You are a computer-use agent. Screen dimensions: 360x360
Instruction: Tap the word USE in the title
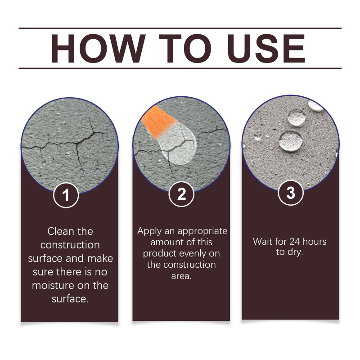pyautogui.click(x=266, y=49)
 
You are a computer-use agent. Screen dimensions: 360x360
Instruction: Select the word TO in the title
pyautogui.click(x=185, y=49)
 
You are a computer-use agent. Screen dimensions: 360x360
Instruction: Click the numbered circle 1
pyautogui.click(x=66, y=195)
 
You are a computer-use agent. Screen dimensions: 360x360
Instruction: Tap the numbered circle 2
pyautogui.click(x=181, y=194)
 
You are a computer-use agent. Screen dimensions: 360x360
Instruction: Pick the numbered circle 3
pyautogui.click(x=291, y=193)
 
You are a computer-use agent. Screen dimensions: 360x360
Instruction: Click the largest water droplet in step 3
pyautogui.click(x=291, y=141)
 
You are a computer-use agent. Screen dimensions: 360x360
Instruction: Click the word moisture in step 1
pyautogui.click(x=52, y=286)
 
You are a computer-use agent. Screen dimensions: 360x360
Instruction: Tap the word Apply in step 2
pyautogui.click(x=149, y=231)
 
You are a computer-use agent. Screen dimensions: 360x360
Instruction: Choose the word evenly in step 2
pyautogui.click(x=192, y=254)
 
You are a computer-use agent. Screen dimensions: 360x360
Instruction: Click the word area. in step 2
pyautogui.click(x=181, y=276)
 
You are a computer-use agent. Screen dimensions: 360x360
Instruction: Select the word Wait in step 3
pyautogui.click(x=262, y=242)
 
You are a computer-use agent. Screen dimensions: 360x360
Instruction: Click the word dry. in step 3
pyautogui.click(x=295, y=252)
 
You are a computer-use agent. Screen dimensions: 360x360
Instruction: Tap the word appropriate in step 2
pyautogui.click(x=202, y=231)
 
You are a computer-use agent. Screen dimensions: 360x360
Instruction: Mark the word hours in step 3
pyautogui.click(x=315, y=242)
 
